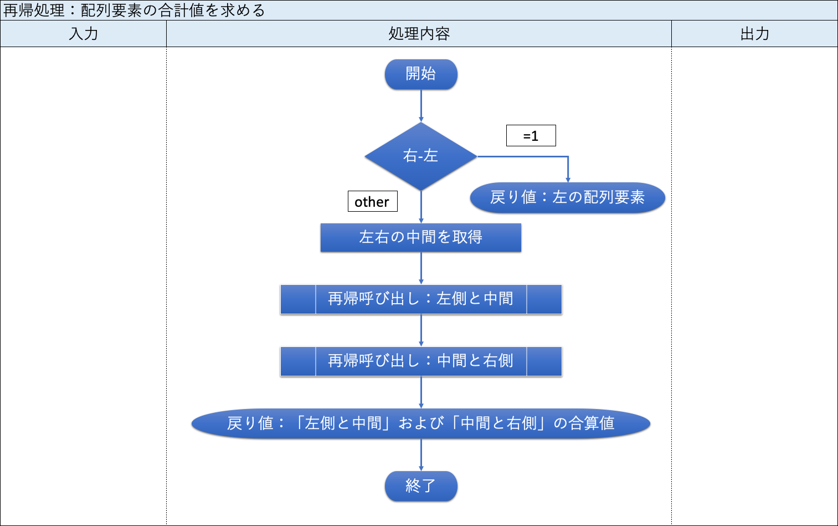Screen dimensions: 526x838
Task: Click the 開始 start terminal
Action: click(421, 74)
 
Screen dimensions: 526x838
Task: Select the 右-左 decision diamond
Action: click(421, 156)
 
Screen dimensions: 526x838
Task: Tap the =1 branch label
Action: click(531, 136)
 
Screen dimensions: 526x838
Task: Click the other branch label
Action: click(372, 202)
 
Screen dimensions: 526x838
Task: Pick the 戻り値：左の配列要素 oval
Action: click(567, 197)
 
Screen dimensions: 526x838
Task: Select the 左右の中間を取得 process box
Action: click(421, 237)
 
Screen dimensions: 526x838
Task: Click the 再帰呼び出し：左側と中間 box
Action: click(421, 299)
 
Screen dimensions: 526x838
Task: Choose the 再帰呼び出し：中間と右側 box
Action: click(421, 361)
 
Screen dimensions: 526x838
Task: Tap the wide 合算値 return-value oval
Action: click(421, 423)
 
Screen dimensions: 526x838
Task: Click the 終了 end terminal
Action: click(421, 486)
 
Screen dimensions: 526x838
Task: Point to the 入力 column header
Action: click(83, 34)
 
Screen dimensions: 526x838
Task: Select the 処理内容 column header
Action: click(419, 34)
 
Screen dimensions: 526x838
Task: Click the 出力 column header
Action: click(754, 34)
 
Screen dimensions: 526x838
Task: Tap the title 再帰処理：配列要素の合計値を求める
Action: click(134, 11)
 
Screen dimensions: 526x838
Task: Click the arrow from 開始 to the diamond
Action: click(421, 105)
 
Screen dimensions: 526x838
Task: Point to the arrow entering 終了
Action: click(421, 454)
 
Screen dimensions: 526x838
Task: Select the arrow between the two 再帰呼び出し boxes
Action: click(421, 330)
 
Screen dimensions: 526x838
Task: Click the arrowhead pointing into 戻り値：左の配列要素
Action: click(568, 179)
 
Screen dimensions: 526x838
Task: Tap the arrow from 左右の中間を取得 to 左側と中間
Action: click(421, 268)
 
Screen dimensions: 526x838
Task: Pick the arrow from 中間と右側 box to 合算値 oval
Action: click(421, 392)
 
